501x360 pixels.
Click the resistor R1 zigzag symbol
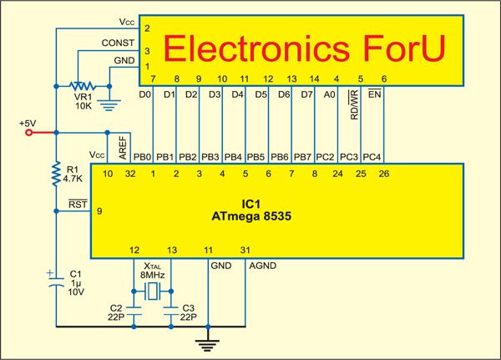[55, 173]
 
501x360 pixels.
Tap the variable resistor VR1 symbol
[81, 86]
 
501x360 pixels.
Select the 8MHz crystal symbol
[154, 292]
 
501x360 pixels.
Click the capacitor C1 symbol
[55, 283]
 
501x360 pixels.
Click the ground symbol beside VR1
[107, 104]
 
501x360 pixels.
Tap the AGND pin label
[261, 266]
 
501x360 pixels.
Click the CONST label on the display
[117, 42]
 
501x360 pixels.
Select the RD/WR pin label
[354, 105]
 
